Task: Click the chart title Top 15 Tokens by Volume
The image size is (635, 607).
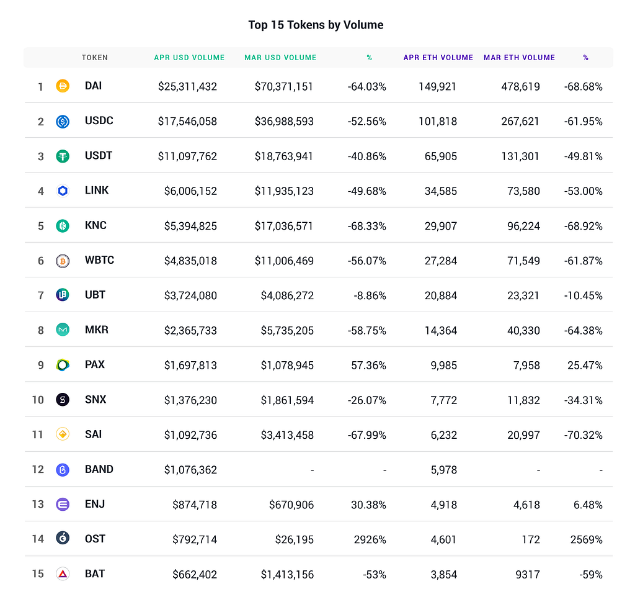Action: click(316, 25)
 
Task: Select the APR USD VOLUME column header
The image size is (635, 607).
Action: click(189, 58)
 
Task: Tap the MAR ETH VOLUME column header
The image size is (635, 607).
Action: click(519, 58)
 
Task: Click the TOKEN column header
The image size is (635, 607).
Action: click(95, 58)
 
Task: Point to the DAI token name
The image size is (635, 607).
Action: click(93, 86)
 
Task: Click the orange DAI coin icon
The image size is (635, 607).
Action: click(63, 86)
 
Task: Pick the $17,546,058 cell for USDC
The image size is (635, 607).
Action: click(187, 121)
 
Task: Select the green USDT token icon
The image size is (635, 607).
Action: click(63, 156)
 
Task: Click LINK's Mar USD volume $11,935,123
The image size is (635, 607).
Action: click(284, 191)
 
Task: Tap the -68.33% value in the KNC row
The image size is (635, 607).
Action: click(367, 226)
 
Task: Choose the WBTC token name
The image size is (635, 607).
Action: click(99, 260)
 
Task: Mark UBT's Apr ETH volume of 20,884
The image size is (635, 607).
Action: click(441, 295)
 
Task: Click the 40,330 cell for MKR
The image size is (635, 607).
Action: click(523, 330)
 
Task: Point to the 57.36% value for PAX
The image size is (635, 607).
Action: click(368, 365)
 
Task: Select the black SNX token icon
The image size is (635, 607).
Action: click(63, 400)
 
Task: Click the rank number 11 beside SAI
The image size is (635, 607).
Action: click(37, 435)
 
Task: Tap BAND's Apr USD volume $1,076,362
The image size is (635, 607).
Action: click(190, 470)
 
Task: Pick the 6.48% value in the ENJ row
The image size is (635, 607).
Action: click(588, 505)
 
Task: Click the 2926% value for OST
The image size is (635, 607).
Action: click(370, 539)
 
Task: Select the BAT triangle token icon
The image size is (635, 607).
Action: click(63, 573)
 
